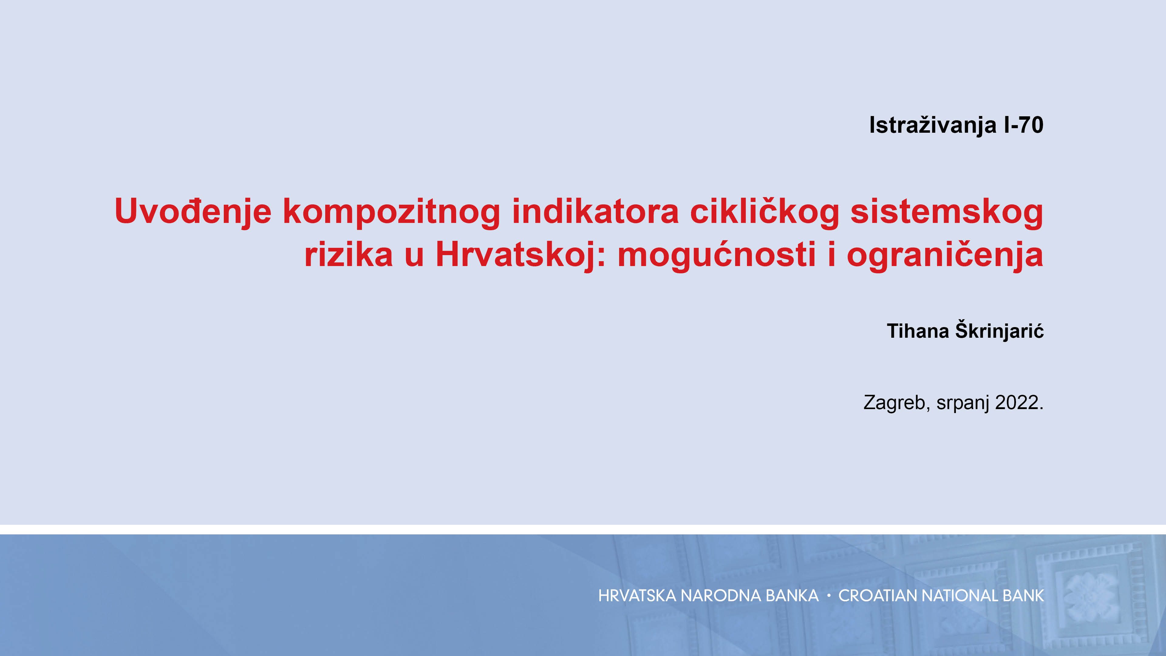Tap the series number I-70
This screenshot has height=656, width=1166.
[x=1023, y=125]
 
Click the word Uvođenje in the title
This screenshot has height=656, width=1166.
[x=193, y=211]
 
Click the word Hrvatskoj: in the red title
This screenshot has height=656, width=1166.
[x=520, y=255]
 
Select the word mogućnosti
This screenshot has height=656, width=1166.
[x=717, y=255]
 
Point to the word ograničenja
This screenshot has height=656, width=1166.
[x=945, y=255]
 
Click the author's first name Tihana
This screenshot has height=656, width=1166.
[x=918, y=331]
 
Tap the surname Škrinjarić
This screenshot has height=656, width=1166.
[x=999, y=330]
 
